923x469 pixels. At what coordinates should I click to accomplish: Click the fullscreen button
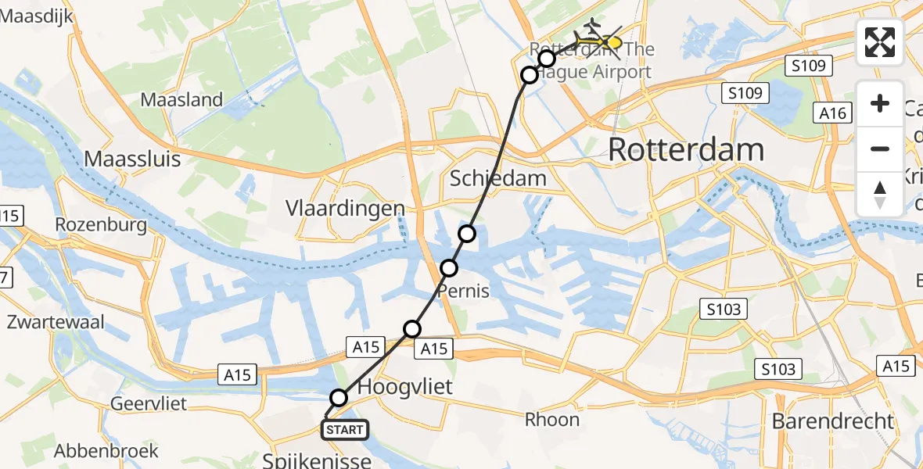(880, 42)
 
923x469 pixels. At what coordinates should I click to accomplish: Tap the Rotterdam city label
(685, 149)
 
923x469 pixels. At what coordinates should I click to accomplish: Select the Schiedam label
(498, 178)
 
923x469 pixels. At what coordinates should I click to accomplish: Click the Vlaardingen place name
(346, 209)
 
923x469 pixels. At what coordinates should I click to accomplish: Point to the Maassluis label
(132, 159)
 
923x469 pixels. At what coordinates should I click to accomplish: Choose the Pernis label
(463, 292)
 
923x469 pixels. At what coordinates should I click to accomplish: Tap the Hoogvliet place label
(405, 387)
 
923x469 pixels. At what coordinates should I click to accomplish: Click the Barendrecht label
(831, 421)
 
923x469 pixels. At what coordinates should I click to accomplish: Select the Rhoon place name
(551, 420)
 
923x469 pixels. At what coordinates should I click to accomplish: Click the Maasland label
(181, 100)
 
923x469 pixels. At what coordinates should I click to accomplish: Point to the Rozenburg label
(102, 225)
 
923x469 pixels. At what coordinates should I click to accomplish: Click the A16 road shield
(834, 113)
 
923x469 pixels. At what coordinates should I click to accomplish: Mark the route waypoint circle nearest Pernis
(449, 268)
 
